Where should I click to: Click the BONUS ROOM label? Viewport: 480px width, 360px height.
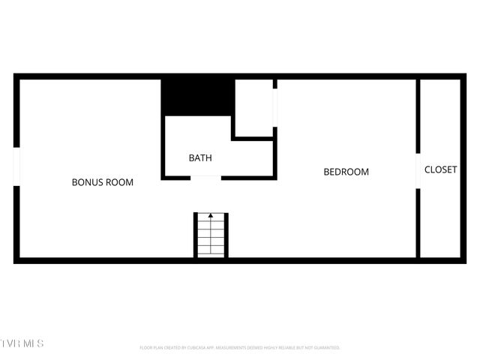tap(102, 182)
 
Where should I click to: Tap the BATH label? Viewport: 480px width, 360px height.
tap(200, 158)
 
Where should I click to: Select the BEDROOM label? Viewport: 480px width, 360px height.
tap(346, 172)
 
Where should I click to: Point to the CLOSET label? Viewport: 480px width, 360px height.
tap(440, 170)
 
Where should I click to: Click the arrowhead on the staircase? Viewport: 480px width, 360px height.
tap(211, 216)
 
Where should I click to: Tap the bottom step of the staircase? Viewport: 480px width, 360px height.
tap(211, 253)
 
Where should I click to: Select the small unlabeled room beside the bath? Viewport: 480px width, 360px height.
tap(254, 107)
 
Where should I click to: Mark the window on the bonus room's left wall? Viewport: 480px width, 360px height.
tap(16, 165)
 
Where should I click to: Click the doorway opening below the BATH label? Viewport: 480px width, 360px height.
tap(206, 177)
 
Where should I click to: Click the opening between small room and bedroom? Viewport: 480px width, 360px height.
tap(275, 109)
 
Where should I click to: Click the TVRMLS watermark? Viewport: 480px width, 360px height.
tap(22, 343)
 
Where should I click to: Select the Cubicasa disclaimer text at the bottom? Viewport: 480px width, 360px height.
tap(240, 348)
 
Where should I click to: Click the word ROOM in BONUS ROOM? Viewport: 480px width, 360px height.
tap(119, 182)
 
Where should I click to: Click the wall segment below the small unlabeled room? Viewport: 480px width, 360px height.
tap(254, 138)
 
